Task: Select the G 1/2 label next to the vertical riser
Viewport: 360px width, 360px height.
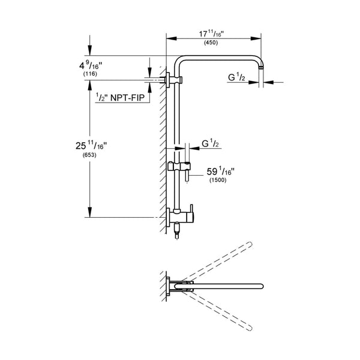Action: tap(211, 143)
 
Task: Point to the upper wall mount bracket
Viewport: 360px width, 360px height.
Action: tap(172, 79)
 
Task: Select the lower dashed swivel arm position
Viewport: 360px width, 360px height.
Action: tap(222, 309)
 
